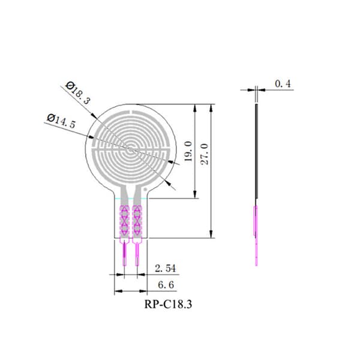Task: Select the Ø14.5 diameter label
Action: [x=61, y=121]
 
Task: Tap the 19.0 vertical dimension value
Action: [x=188, y=151]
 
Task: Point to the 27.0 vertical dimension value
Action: [x=205, y=154]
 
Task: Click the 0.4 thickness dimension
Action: [x=283, y=84]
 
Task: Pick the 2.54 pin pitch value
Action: [x=166, y=268]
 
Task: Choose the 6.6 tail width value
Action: [x=166, y=285]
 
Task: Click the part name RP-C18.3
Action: [x=168, y=304]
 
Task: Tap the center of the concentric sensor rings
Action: [x=130, y=149]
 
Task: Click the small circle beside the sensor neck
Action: [x=145, y=189]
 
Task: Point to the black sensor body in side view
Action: [x=257, y=151]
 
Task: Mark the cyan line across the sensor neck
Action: [x=131, y=198]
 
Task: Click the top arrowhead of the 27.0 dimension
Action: [x=211, y=109]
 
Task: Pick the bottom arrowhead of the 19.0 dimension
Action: [x=195, y=194]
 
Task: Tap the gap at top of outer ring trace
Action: [x=131, y=112]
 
